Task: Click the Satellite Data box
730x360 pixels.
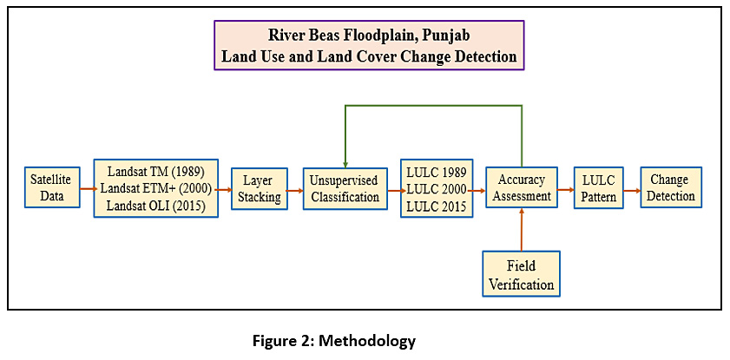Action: [x=52, y=188]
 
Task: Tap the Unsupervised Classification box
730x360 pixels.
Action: [x=345, y=189]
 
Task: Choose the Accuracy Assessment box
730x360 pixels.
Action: [x=522, y=188]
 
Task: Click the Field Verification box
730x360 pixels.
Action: [x=521, y=274]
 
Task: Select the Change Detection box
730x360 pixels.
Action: [x=671, y=187]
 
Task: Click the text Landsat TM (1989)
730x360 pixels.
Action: [x=156, y=172]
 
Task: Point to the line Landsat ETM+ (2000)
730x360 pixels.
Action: [x=156, y=189]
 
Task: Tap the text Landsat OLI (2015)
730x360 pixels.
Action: [x=156, y=206]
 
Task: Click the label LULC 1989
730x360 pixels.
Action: [x=437, y=172]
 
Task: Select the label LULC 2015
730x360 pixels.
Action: [x=437, y=206]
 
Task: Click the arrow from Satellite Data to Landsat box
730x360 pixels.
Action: [x=87, y=189]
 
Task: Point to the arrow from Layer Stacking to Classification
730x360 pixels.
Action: [x=295, y=190]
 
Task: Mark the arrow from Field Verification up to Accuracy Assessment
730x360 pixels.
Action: [x=522, y=229]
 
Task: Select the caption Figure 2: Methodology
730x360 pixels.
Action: [x=334, y=342]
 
